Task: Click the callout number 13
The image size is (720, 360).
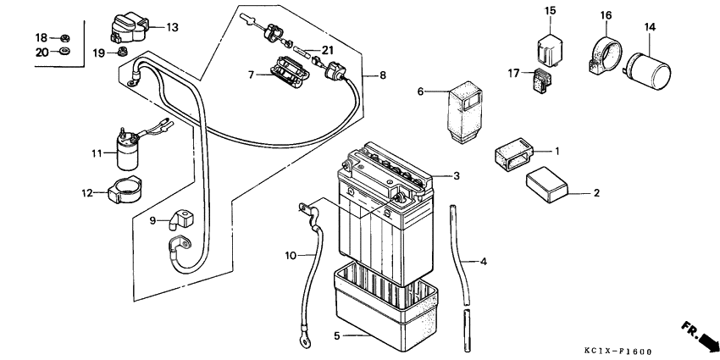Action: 172,27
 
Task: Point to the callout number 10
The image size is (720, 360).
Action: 290,255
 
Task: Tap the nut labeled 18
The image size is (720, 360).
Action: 65,38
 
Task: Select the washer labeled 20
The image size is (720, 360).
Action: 65,53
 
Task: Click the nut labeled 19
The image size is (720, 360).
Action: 123,53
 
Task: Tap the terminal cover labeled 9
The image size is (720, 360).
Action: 180,220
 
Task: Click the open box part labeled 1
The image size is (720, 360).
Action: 513,155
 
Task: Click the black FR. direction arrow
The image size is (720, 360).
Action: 702,337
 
